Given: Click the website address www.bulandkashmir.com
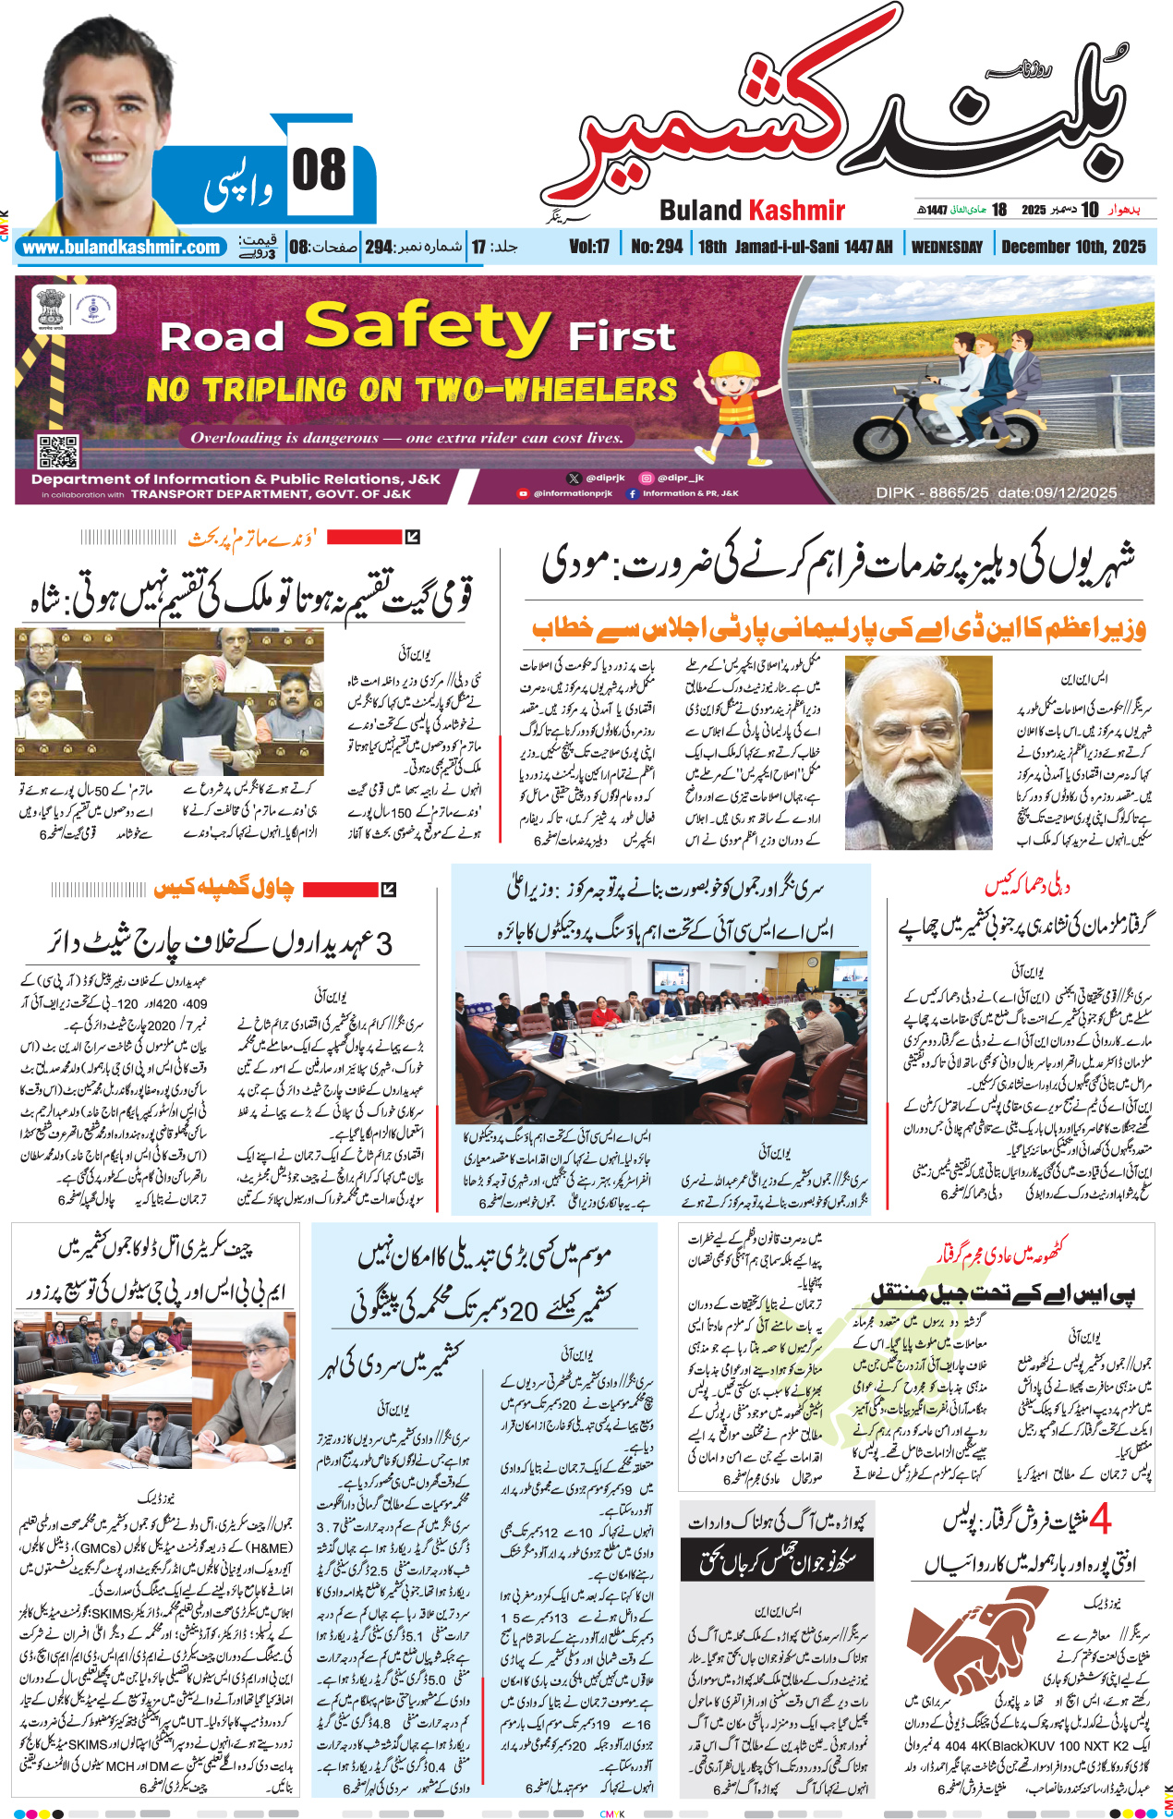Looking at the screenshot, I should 121,248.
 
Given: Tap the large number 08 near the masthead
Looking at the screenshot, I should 319,171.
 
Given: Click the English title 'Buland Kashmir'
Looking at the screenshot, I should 752,211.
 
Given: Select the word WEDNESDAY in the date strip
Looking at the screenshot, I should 947,247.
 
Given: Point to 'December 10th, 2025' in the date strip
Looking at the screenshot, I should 1073,247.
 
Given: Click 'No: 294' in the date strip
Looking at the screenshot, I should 657,247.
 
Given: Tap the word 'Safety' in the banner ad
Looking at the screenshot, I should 427,328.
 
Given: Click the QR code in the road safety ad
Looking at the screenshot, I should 57,452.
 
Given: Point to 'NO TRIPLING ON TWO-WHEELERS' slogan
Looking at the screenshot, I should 412,390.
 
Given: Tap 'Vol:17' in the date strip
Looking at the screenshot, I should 588,247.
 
